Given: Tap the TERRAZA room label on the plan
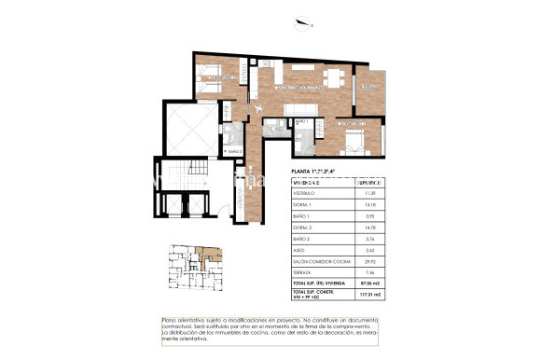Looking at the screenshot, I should coord(370,87).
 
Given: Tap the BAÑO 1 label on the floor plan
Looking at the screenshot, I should coord(300,121).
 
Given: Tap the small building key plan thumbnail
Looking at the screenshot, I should coord(191,266).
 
